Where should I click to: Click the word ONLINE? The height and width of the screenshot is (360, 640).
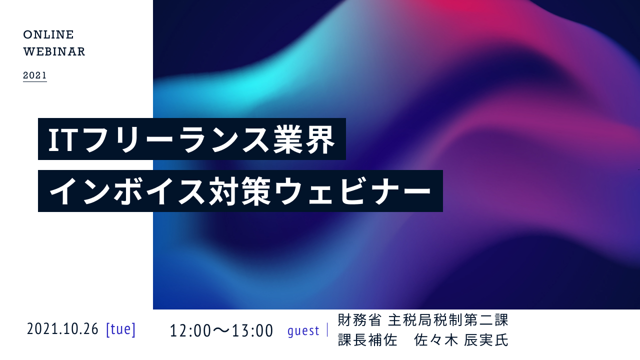[48, 34]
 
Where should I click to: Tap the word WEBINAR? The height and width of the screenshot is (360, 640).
[54, 51]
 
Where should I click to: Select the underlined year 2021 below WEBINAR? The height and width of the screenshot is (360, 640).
[35, 75]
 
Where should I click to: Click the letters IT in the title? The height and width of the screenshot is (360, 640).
[63, 139]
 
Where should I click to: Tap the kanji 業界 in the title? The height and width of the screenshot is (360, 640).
[304, 139]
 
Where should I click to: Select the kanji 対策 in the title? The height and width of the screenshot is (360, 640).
[240, 191]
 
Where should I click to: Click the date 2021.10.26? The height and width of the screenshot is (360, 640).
[62, 329]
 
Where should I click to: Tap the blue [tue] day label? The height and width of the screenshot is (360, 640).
[120, 329]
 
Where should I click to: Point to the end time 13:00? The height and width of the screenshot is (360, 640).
[252, 330]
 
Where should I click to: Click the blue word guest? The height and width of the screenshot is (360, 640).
[303, 331]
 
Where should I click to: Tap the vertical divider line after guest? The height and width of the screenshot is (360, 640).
[327, 330]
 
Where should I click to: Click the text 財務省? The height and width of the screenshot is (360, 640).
[359, 319]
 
